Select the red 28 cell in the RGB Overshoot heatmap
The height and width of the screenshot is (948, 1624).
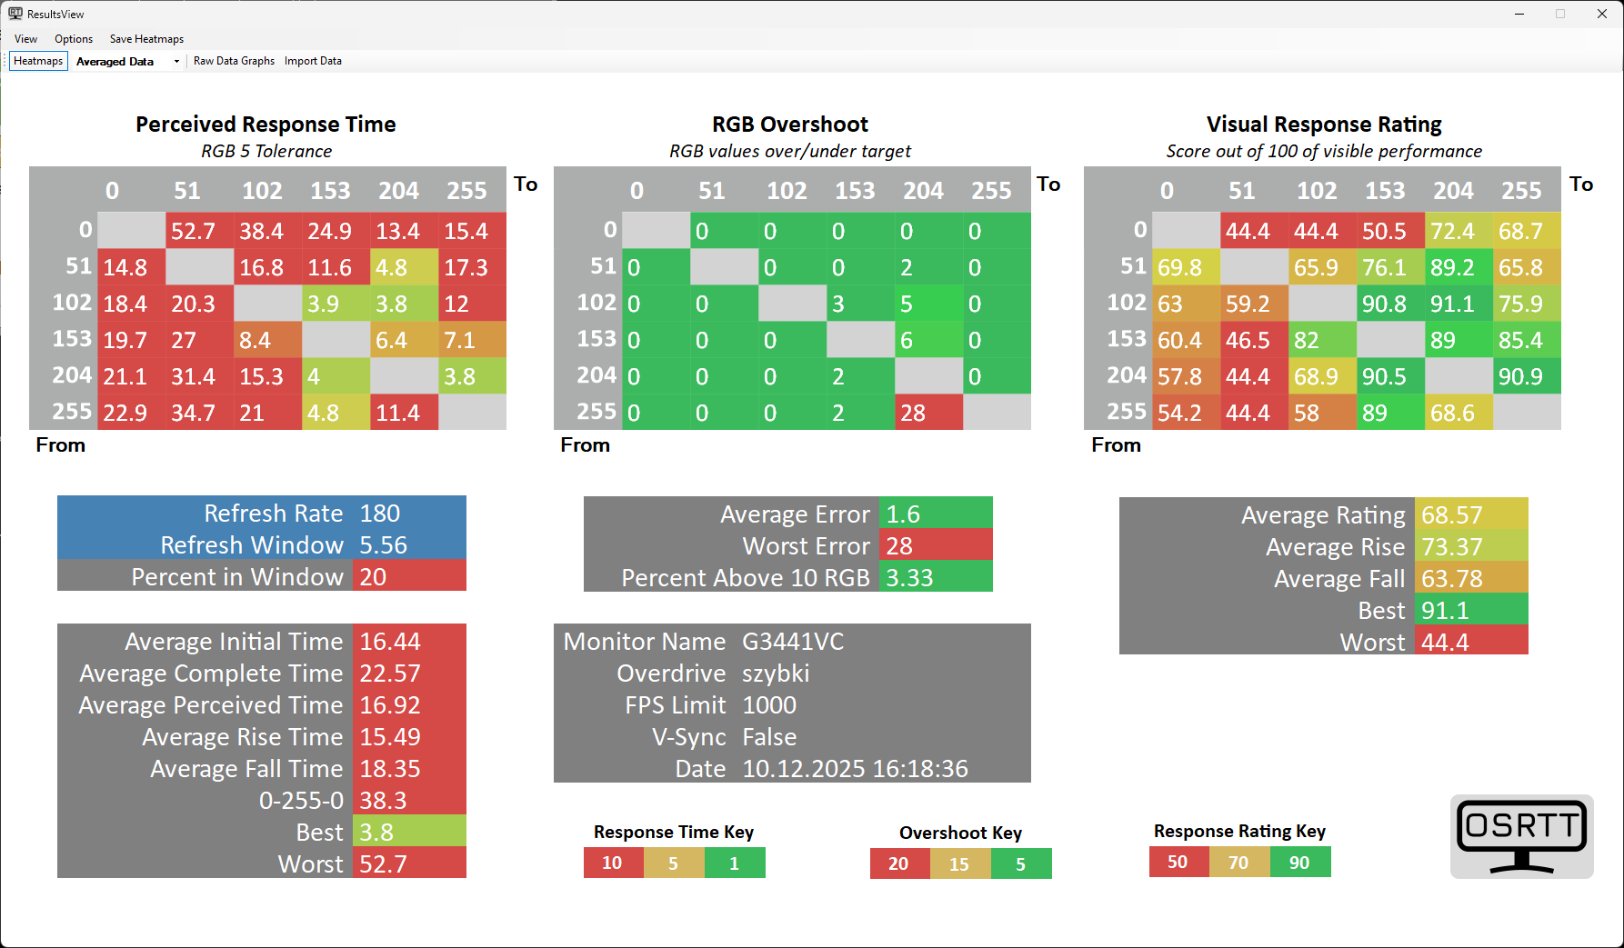tap(928, 413)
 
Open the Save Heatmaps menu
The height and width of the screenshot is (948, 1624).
tap(146, 39)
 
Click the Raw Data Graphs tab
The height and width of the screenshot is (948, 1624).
tap(234, 61)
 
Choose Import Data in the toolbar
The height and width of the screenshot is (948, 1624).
tap(313, 61)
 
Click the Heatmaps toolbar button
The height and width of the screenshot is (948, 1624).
tap(38, 61)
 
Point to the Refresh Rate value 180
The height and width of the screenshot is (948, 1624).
tap(380, 514)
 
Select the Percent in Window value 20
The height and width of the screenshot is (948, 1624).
tap(373, 577)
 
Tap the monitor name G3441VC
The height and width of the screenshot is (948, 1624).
tap(793, 642)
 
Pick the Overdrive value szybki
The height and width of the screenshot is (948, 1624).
tap(776, 674)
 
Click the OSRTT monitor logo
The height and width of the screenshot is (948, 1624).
tap(1521, 836)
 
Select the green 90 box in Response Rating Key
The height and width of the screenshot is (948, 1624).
tap(1299, 863)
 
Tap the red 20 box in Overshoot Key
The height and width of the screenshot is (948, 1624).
tap(899, 863)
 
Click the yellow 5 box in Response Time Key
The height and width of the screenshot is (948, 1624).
tap(674, 863)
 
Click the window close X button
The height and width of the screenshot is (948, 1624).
tap(1601, 14)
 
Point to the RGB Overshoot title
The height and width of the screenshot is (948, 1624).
tap(790, 125)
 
